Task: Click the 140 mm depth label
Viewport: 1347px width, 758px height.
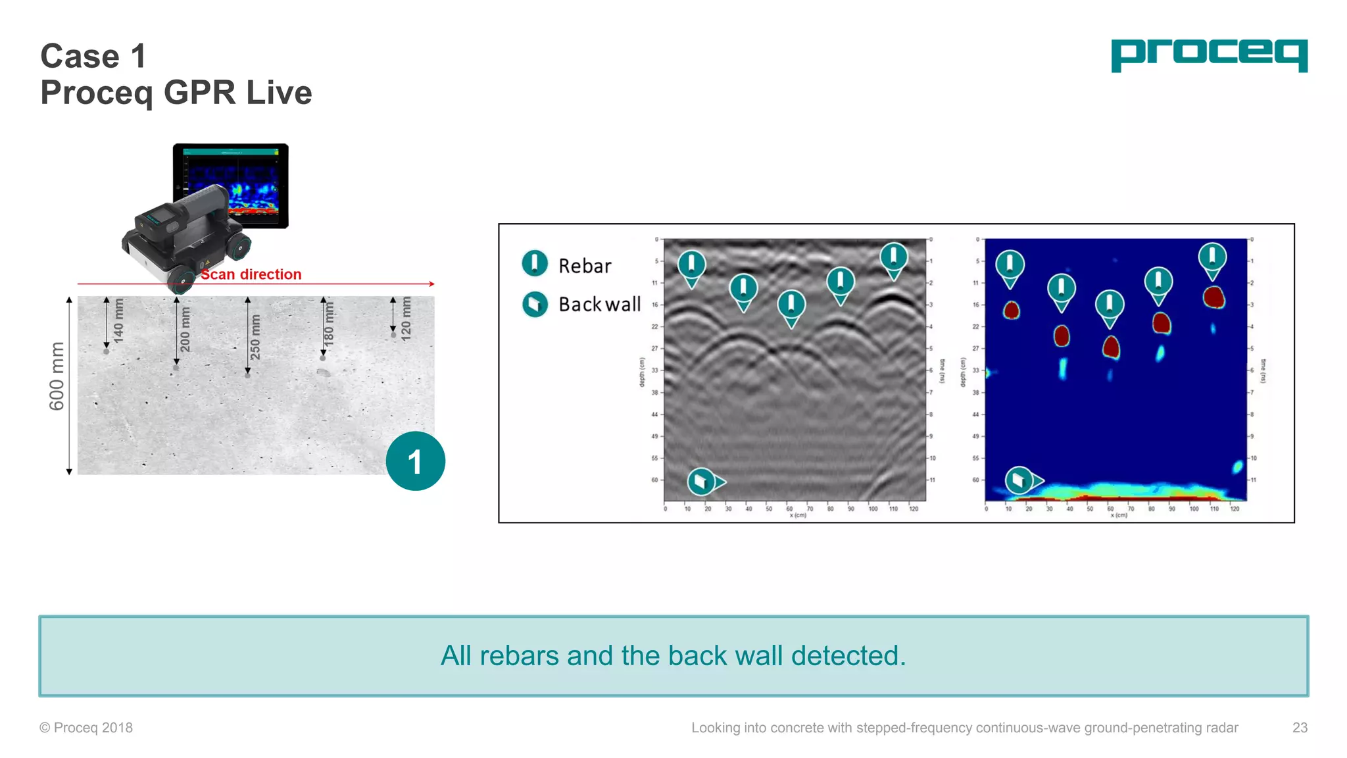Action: click(x=118, y=320)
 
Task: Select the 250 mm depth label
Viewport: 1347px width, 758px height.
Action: click(x=255, y=337)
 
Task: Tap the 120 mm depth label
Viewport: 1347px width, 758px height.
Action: click(x=406, y=317)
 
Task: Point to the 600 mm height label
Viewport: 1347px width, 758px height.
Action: click(x=57, y=376)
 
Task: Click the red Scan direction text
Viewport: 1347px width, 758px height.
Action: click(x=251, y=274)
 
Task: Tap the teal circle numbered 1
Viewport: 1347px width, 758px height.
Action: click(x=415, y=461)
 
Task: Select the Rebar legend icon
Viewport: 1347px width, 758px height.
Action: click(x=535, y=263)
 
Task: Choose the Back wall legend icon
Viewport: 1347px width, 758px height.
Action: click(x=535, y=304)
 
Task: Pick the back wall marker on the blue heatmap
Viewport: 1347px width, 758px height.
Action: click(x=1020, y=480)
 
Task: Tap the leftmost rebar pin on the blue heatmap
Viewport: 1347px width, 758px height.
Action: click(x=1010, y=265)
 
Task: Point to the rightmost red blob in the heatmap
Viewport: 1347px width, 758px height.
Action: click(x=1213, y=297)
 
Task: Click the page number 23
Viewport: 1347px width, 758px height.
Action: click(x=1300, y=728)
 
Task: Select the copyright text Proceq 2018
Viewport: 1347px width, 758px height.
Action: click(x=86, y=728)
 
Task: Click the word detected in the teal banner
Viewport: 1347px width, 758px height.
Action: click(x=848, y=656)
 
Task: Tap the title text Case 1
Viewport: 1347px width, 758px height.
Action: click(x=93, y=56)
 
